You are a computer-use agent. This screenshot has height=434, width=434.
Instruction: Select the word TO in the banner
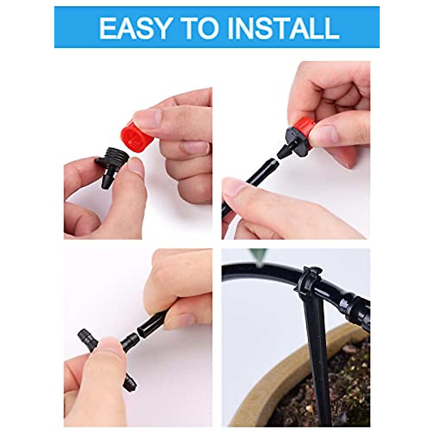click(195, 28)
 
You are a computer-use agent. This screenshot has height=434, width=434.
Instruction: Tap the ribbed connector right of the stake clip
click(356, 307)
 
